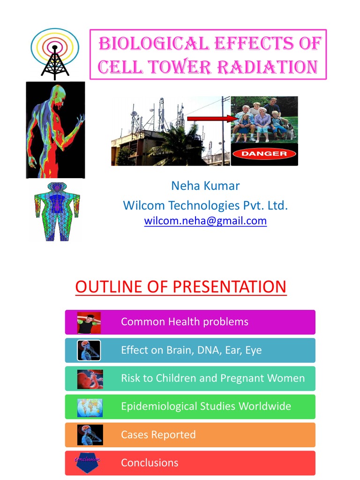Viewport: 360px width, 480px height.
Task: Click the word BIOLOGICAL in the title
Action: tap(153, 44)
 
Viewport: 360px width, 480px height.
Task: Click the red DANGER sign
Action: tap(264, 154)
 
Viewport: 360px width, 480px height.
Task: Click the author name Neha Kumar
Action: tap(205, 186)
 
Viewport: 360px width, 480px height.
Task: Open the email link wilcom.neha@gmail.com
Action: tap(205, 221)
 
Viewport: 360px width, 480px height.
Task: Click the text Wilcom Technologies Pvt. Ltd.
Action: tap(205, 205)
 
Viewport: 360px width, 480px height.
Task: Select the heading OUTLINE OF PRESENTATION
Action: tap(180, 286)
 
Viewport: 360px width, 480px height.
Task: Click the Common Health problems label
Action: tap(185, 322)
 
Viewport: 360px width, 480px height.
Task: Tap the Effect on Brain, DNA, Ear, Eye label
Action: tap(191, 350)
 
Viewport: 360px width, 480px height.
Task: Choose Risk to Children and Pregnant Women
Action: tap(213, 378)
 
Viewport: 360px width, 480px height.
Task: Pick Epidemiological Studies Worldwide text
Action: tap(206, 406)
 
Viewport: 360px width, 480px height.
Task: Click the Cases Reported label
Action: tap(158, 435)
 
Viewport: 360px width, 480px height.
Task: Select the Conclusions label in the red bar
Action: tap(150, 463)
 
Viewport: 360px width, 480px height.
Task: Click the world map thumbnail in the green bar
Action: tap(90, 407)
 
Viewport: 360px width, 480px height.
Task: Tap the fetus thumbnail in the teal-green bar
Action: tap(90, 379)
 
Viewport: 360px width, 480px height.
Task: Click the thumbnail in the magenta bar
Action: tap(89, 322)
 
